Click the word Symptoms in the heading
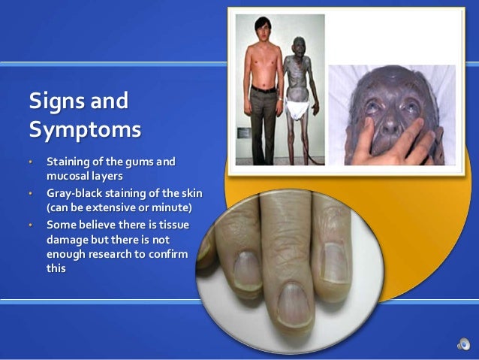click(x=84, y=129)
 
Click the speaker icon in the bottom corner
click(x=462, y=344)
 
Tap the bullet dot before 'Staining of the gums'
click(x=31, y=162)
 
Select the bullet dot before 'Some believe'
click(x=31, y=225)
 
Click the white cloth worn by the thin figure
click(x=301, y=111)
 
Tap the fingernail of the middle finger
click(x=295, y=304)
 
